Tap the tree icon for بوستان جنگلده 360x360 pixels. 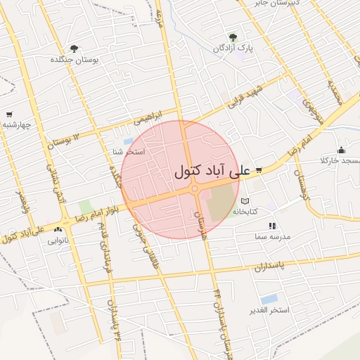point(74,49)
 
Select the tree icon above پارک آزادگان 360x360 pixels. point(233,37)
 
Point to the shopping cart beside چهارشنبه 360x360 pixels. point(9,114)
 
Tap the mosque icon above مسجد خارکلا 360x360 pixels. point(342,149)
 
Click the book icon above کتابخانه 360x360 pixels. point(245,201)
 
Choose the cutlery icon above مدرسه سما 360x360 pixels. point(271,226)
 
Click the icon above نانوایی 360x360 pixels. point(58,229)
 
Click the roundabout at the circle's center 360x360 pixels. point(194,188)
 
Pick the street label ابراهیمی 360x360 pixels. point(149,113)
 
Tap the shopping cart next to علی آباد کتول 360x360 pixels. point(259,170)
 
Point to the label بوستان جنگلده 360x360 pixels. point(72,60)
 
